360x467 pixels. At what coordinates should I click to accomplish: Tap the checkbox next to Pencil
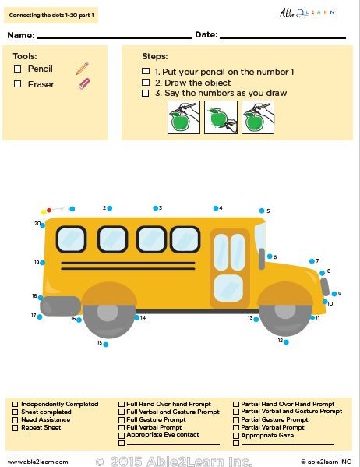pos(18,69)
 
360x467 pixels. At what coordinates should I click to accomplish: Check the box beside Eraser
pos(18,83)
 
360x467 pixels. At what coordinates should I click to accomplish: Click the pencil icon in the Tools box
pos(82,69)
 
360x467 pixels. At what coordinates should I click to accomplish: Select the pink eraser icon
pos(85,83)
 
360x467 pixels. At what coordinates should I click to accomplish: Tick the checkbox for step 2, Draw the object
pos(146,82)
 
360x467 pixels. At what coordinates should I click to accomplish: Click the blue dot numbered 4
pos(216,208)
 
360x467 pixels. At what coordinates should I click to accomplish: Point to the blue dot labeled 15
pos(106,344)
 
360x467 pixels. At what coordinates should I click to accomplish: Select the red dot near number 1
pos(50,210)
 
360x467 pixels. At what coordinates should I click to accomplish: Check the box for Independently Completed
pos(16,404)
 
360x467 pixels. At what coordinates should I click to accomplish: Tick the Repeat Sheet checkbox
pos(16,427)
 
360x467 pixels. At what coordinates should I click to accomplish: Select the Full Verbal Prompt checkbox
pos(122,427)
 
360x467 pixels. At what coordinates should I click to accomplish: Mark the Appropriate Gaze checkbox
pos(236,435)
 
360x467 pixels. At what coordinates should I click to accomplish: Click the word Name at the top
pos(20,35)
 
